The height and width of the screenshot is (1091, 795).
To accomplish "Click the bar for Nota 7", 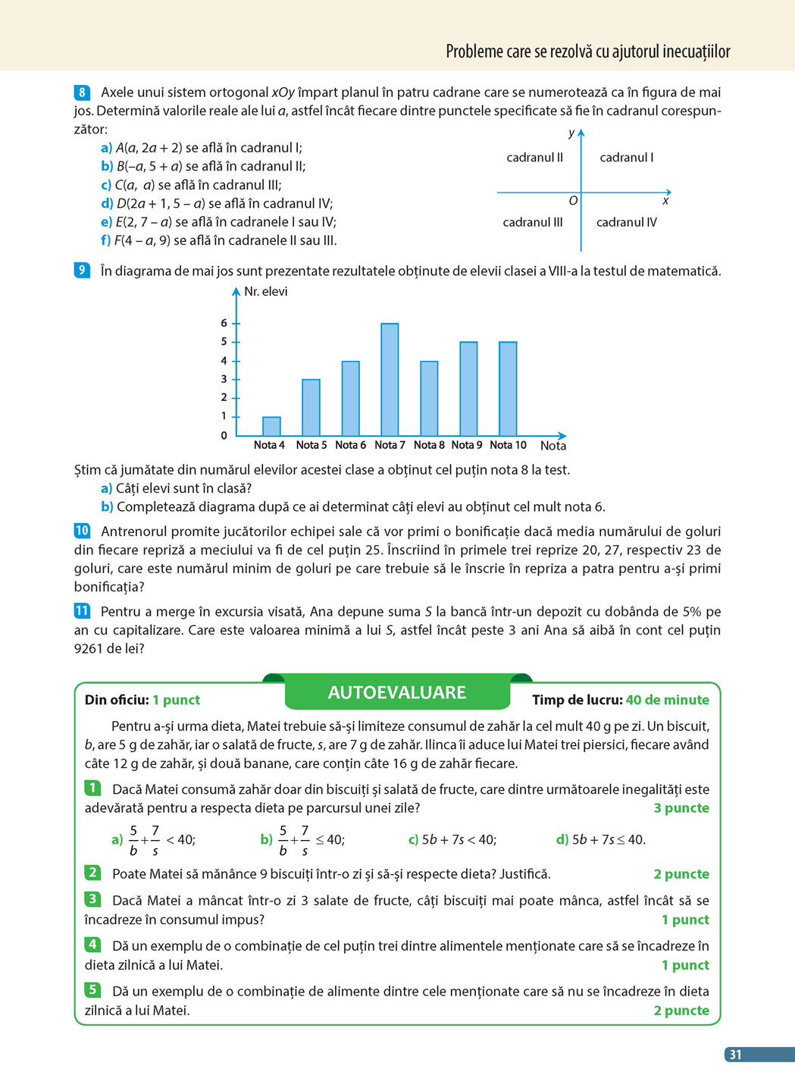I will (390, 379).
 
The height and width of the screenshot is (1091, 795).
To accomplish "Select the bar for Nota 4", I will (271, 426).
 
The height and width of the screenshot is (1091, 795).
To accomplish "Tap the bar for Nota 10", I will (508, 388).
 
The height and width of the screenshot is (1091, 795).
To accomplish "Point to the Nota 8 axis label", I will (429, 445).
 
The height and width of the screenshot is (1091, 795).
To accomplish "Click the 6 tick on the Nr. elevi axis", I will (224, 323).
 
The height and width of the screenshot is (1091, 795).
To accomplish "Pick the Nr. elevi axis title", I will (265, 291).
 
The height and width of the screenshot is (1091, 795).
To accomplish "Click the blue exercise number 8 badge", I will (83, 92).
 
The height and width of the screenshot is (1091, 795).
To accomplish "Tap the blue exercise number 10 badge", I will (82, 531).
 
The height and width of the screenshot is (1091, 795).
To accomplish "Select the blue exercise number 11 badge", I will (82, 611).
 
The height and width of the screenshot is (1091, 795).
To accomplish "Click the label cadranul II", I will (534, 158).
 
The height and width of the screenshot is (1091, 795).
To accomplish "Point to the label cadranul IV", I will (626, 222).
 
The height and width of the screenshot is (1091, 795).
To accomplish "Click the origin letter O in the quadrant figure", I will (573, 201).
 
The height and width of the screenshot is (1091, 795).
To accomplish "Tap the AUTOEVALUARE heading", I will (397, 692).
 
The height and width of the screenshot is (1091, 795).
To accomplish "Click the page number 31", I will (735, 1055).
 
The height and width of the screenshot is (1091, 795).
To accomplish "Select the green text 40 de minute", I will (668, 700).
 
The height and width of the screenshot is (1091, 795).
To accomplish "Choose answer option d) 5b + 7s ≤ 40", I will (601, 839).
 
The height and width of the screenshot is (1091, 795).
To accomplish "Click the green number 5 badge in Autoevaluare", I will (92, 989).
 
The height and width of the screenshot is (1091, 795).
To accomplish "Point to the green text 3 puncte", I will (681, 807).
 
